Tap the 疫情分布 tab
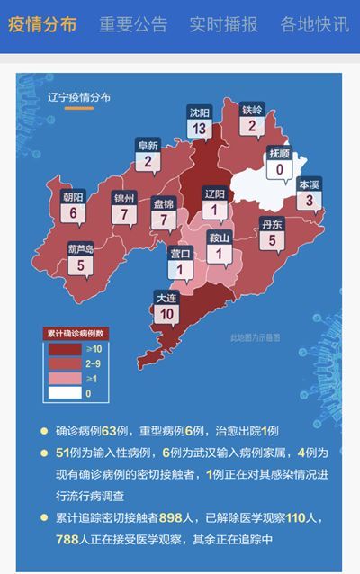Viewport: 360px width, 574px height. [42, 24]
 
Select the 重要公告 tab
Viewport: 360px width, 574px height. [132, 24]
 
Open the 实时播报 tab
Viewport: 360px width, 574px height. [223, 24]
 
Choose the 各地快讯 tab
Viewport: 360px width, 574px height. [314, 24]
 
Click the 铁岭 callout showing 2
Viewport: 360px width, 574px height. [253, 121]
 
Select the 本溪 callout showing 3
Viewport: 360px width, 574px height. [310, 195]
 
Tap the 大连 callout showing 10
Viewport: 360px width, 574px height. [166, 308]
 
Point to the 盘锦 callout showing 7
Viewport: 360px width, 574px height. [164, 214]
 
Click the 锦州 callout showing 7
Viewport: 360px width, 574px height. [123, 209]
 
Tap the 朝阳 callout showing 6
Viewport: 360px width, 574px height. [73, 207]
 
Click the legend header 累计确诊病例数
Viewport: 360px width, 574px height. [77, 332]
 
